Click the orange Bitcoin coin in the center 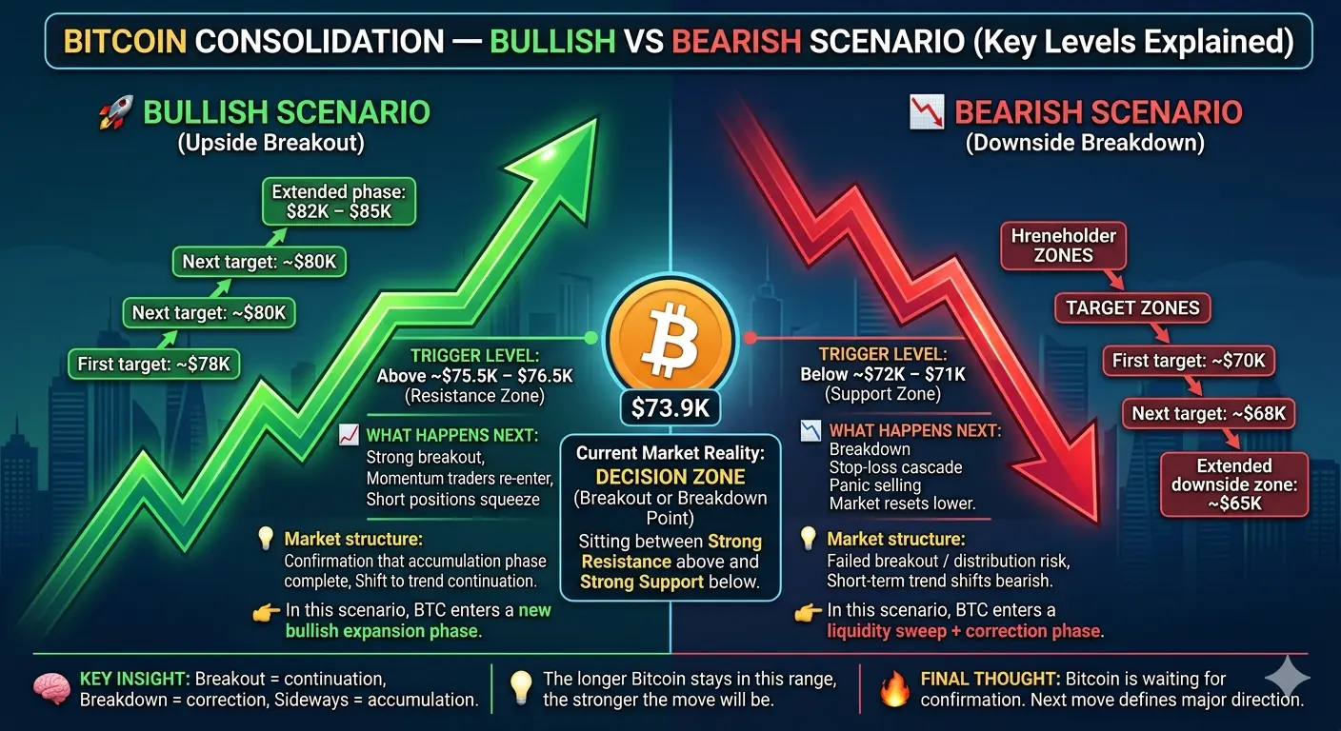point(670,337)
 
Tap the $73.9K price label point(670,408)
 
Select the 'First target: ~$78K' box point(154,365)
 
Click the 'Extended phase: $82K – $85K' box point(339,202)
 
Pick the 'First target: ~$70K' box point(1189,361)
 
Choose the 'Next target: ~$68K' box point(1209,413)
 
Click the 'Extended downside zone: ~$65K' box point(1234,484)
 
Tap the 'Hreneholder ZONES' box point(1063,246)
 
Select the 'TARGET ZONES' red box point(1132,308)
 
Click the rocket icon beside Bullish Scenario point(115,112)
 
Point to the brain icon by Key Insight point(50,688)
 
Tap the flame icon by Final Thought point(895,688)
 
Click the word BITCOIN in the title point(125,41)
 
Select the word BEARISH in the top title point(736,41)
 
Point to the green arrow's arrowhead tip point(596,119)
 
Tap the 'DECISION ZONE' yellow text point(670,477)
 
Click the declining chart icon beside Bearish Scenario point(927,112)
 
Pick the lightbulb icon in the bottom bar point(520,688)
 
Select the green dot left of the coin point(590,338)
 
